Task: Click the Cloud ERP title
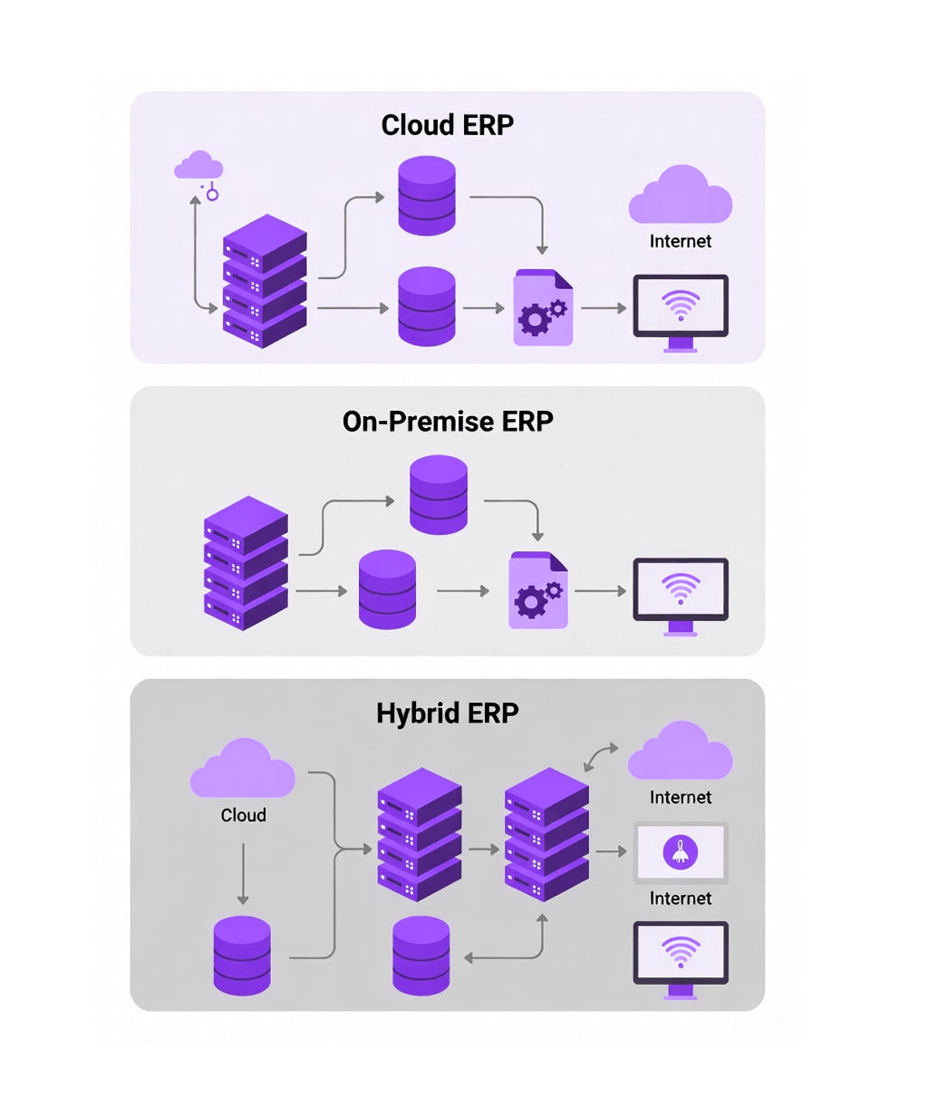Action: click(x=447, y=125)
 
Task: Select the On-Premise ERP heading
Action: click(x=447, y=422)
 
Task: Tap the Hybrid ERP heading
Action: click(x=447, y=714)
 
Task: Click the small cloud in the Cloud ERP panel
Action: click(x=198, y=167)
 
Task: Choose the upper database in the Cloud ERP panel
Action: click(x=427, y=196)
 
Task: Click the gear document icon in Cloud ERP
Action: click(x=543, y=307)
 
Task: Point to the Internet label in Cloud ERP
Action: click(x=680, y=241)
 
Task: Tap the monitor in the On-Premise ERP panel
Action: click(x=680, y=594)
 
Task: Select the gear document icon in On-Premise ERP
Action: click(x=538, y=590)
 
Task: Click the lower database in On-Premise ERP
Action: click(x=387, y=589)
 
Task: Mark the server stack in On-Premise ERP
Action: click(x=246, y=563)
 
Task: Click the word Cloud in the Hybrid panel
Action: click(x=243, y=815)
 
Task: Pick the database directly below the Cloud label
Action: click(x=242, y=956)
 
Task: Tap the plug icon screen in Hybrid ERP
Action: click(x=680, y=853)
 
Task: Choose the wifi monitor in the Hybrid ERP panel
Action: click(x=680, y=957)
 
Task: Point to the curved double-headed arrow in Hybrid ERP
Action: click(x=601, y=757)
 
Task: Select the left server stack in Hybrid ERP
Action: click(x=419, y=834)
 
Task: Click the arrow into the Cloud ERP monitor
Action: click(x=604, y=308)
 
